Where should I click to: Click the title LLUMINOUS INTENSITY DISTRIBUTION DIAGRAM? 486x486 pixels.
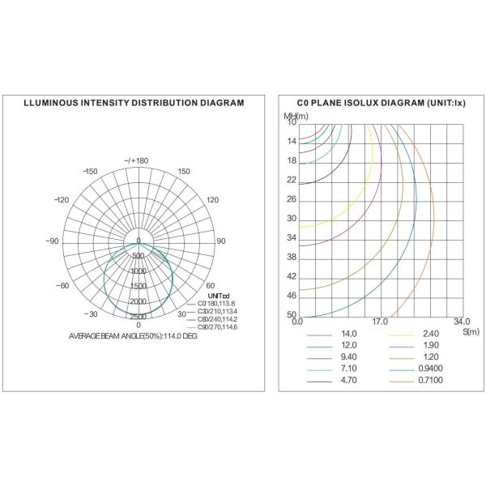(134, 103)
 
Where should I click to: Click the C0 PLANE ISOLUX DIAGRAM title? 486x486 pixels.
(372, 103)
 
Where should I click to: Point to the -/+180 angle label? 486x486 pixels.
(137, 160)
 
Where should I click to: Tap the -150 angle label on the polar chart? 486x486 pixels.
(90, 171)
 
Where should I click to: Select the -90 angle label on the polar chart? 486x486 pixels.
(53, 241)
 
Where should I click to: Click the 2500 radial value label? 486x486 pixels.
(139, 316)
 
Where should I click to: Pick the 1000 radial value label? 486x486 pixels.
(139, 271)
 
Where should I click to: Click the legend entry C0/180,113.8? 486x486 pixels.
(215, 303)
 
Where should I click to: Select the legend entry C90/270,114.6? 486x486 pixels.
(215, 326)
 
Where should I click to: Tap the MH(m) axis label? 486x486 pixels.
(292, 117)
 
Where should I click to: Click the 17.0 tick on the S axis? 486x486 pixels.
(378, 322)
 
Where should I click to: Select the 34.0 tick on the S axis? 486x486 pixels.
(461, 322)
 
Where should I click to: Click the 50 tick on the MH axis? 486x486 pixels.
(292, 315)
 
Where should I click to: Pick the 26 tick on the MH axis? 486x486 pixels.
(292, 199)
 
